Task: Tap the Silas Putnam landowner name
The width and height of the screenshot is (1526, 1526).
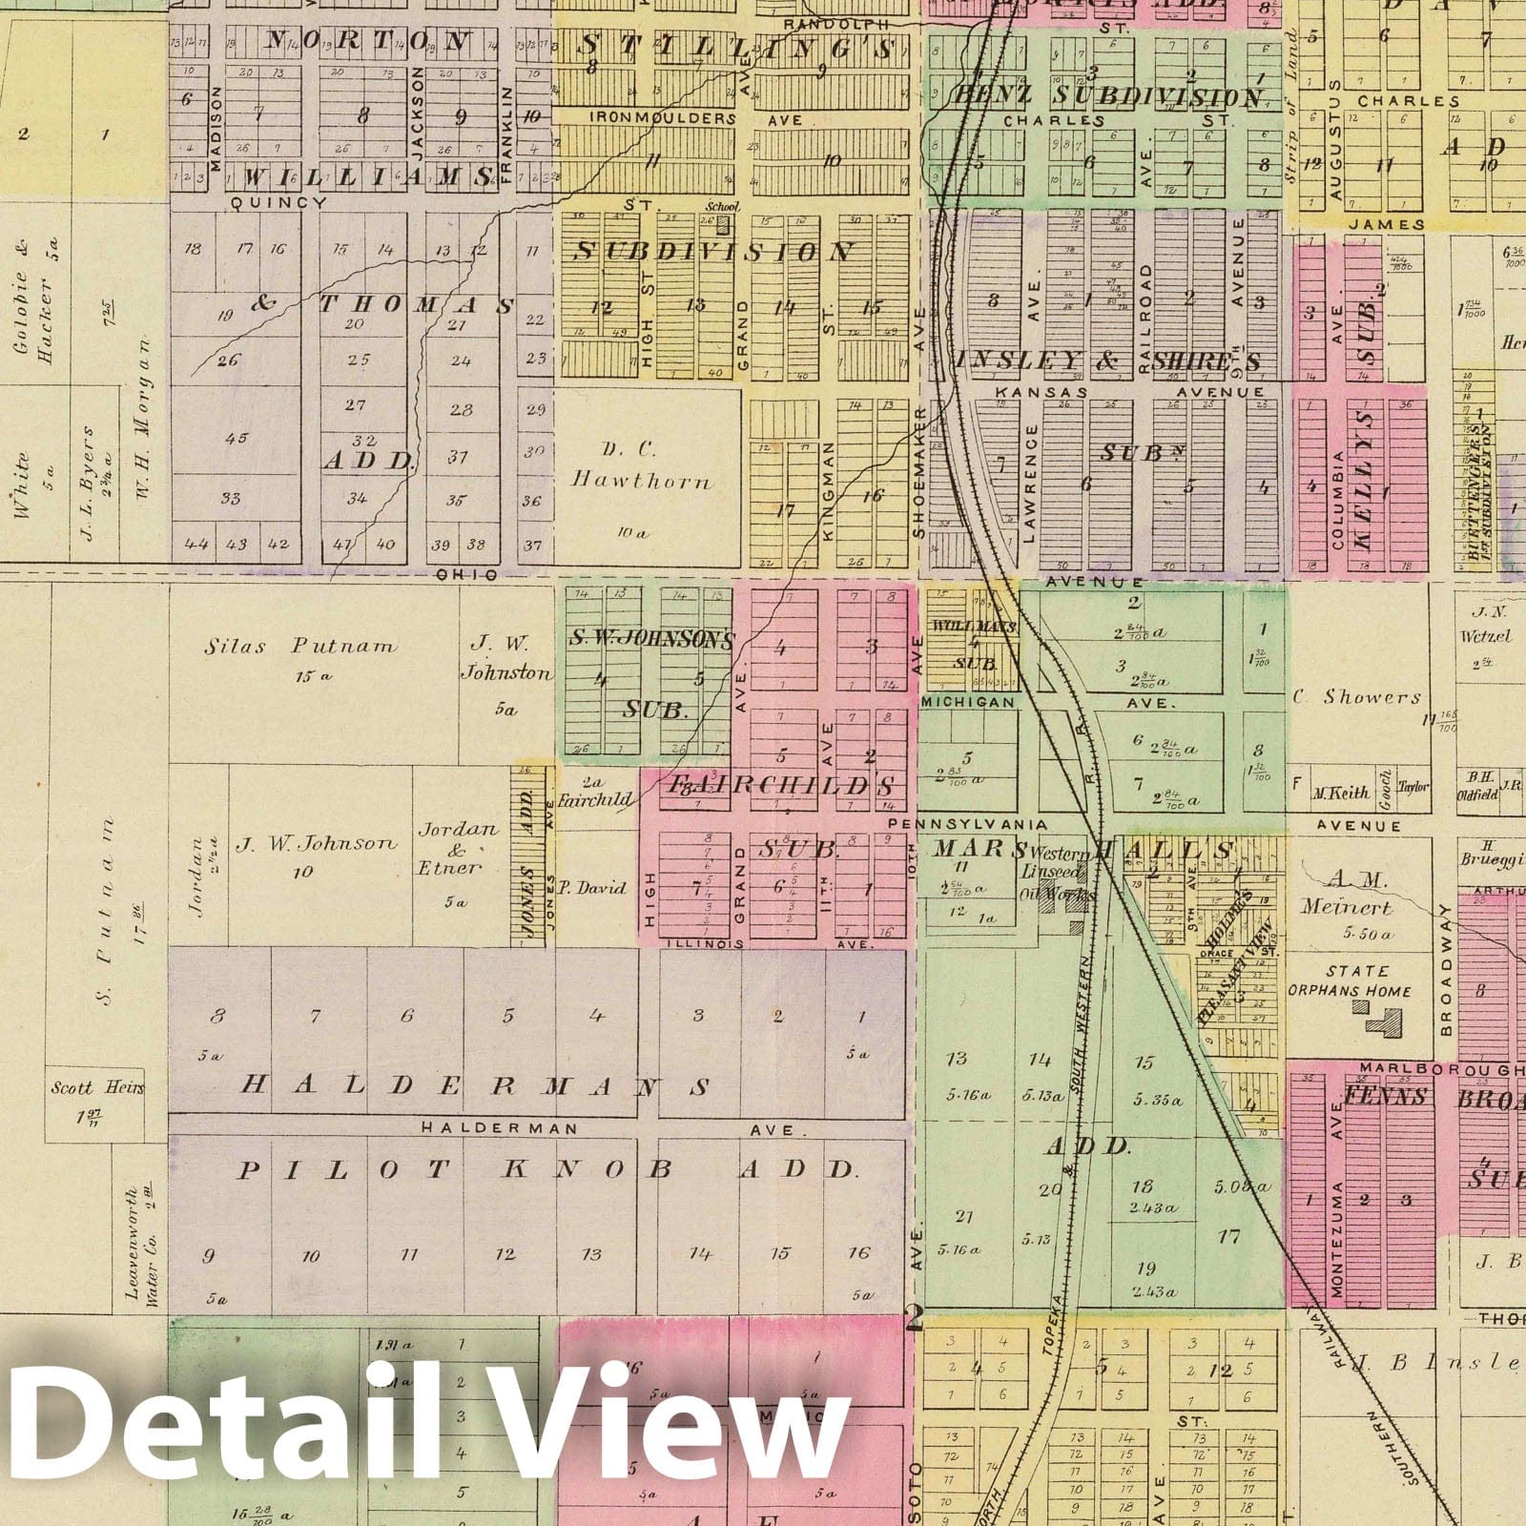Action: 299,647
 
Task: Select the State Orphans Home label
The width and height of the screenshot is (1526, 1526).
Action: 1349,981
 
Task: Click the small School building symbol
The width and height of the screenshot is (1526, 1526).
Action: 722,226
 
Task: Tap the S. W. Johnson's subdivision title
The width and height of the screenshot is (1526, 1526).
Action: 651,638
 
